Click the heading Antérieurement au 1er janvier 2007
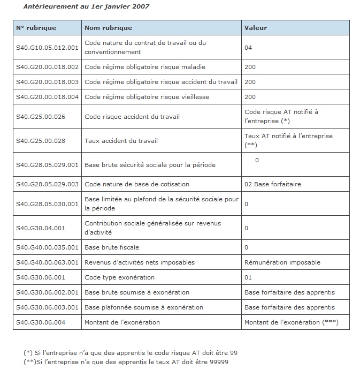[86, 6]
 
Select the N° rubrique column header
[36, 28]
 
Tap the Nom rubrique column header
[108, 28]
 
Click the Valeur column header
[255, 28]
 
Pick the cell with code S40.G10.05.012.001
[47, 48]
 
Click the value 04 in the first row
[248, 48]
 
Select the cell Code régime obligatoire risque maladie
[145, 67]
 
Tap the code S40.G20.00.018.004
[47, 97]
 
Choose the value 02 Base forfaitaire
[272, 184]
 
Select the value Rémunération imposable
[282, 262]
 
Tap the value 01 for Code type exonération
[248, 277]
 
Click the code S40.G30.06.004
[41, 322]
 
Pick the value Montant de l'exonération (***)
[291, 322]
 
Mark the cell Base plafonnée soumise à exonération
[144, 307]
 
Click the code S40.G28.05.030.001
[47, 203]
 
